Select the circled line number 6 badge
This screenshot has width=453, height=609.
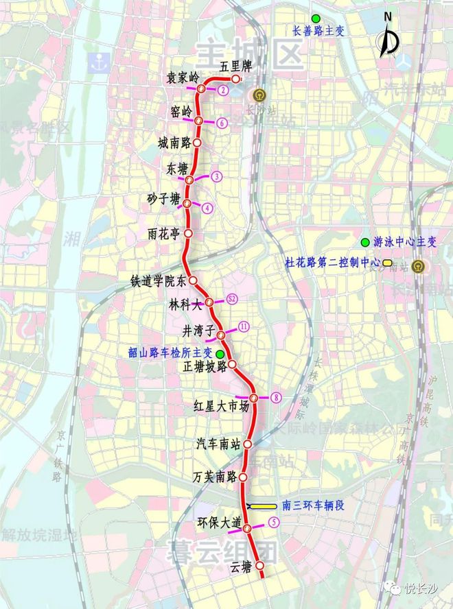(x=221, y=123)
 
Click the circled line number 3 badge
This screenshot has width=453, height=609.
(x=216, y=176)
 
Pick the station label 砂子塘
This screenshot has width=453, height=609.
(x=163, y=200)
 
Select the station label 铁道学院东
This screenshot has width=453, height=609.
(x=158, y=280)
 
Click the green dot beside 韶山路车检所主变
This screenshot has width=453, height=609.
(x=220, y=353)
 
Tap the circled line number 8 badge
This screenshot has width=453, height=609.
(x=275, y=397)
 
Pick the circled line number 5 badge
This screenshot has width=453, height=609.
(x=274, y=522)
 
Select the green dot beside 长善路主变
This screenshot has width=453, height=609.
(x=315, y=18)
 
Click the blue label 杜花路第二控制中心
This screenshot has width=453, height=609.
(x=332, y=261)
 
